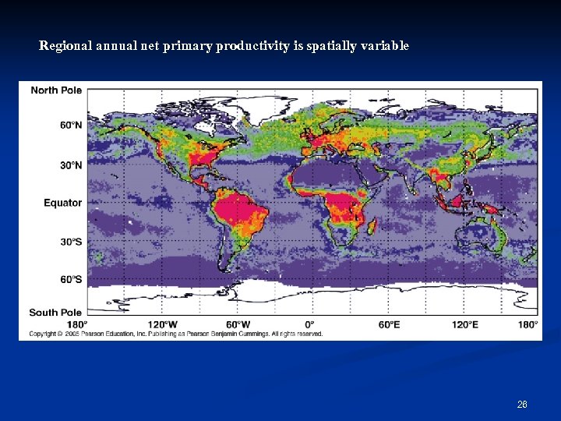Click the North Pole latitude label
click(x=56, y=90)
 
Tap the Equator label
click(x=62, y=203)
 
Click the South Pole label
click(x=55, y=313)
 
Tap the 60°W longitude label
click(x=238, y=324)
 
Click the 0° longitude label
click(x=309, y=324)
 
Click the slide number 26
click(x=522, y=405)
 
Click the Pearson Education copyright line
click(x=176, y=334)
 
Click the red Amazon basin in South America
click(x=242, y=209)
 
